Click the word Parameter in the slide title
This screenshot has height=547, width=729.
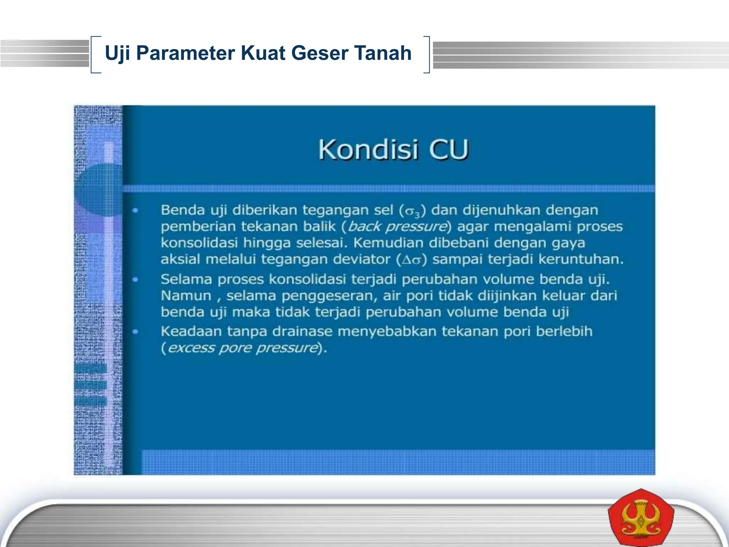click(185, 53)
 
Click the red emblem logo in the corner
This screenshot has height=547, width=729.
click(641, 518)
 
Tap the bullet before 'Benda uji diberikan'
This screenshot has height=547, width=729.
click(135, 210)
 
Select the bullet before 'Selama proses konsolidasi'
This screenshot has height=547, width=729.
click(135, 280)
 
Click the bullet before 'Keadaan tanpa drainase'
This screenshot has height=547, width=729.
click(135, 332)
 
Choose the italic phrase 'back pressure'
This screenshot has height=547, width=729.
click(397, 227)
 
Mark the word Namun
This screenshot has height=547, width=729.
click(186, 296)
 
